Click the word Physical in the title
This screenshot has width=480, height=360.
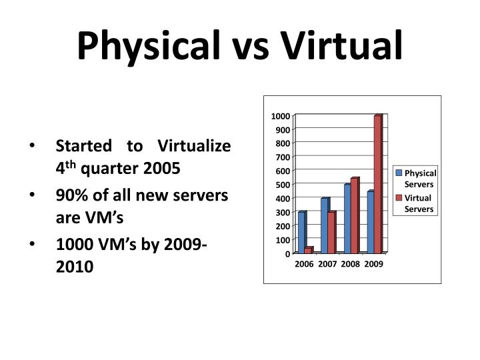147,45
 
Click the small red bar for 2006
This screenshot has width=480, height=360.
308,250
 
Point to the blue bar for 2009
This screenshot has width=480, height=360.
370,222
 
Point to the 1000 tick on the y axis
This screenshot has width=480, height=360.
280,116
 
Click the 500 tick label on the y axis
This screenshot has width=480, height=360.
282,185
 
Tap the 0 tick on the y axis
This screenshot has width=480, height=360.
287,253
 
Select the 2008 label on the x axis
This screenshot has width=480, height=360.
350,264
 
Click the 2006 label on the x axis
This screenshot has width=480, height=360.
304,264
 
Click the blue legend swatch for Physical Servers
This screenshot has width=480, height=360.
399,173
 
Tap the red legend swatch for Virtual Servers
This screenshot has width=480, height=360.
399,198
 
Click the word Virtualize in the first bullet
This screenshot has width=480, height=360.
193,146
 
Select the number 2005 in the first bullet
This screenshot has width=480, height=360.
160,168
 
